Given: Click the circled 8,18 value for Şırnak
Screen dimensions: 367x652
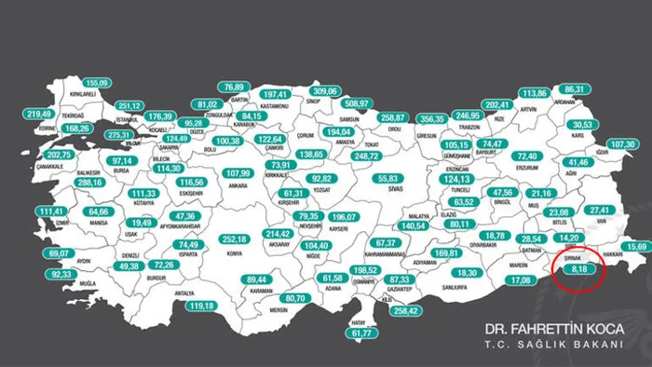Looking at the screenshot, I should coord(579,267).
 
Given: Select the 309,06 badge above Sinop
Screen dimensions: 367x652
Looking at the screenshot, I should coord(325,90).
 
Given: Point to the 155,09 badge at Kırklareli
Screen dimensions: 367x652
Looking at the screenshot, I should coord(97,83).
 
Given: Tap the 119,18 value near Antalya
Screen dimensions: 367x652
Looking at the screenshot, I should coord(201,306).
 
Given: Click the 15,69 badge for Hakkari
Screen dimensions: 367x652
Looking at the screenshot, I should coord(636,247).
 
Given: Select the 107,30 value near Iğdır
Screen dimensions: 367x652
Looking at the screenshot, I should coord(623,144).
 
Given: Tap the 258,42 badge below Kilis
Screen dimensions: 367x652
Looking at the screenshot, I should coord(407,311).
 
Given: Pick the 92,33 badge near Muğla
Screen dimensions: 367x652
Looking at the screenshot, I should coord(61,275).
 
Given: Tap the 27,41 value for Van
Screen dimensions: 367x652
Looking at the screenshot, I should coord(600,211).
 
